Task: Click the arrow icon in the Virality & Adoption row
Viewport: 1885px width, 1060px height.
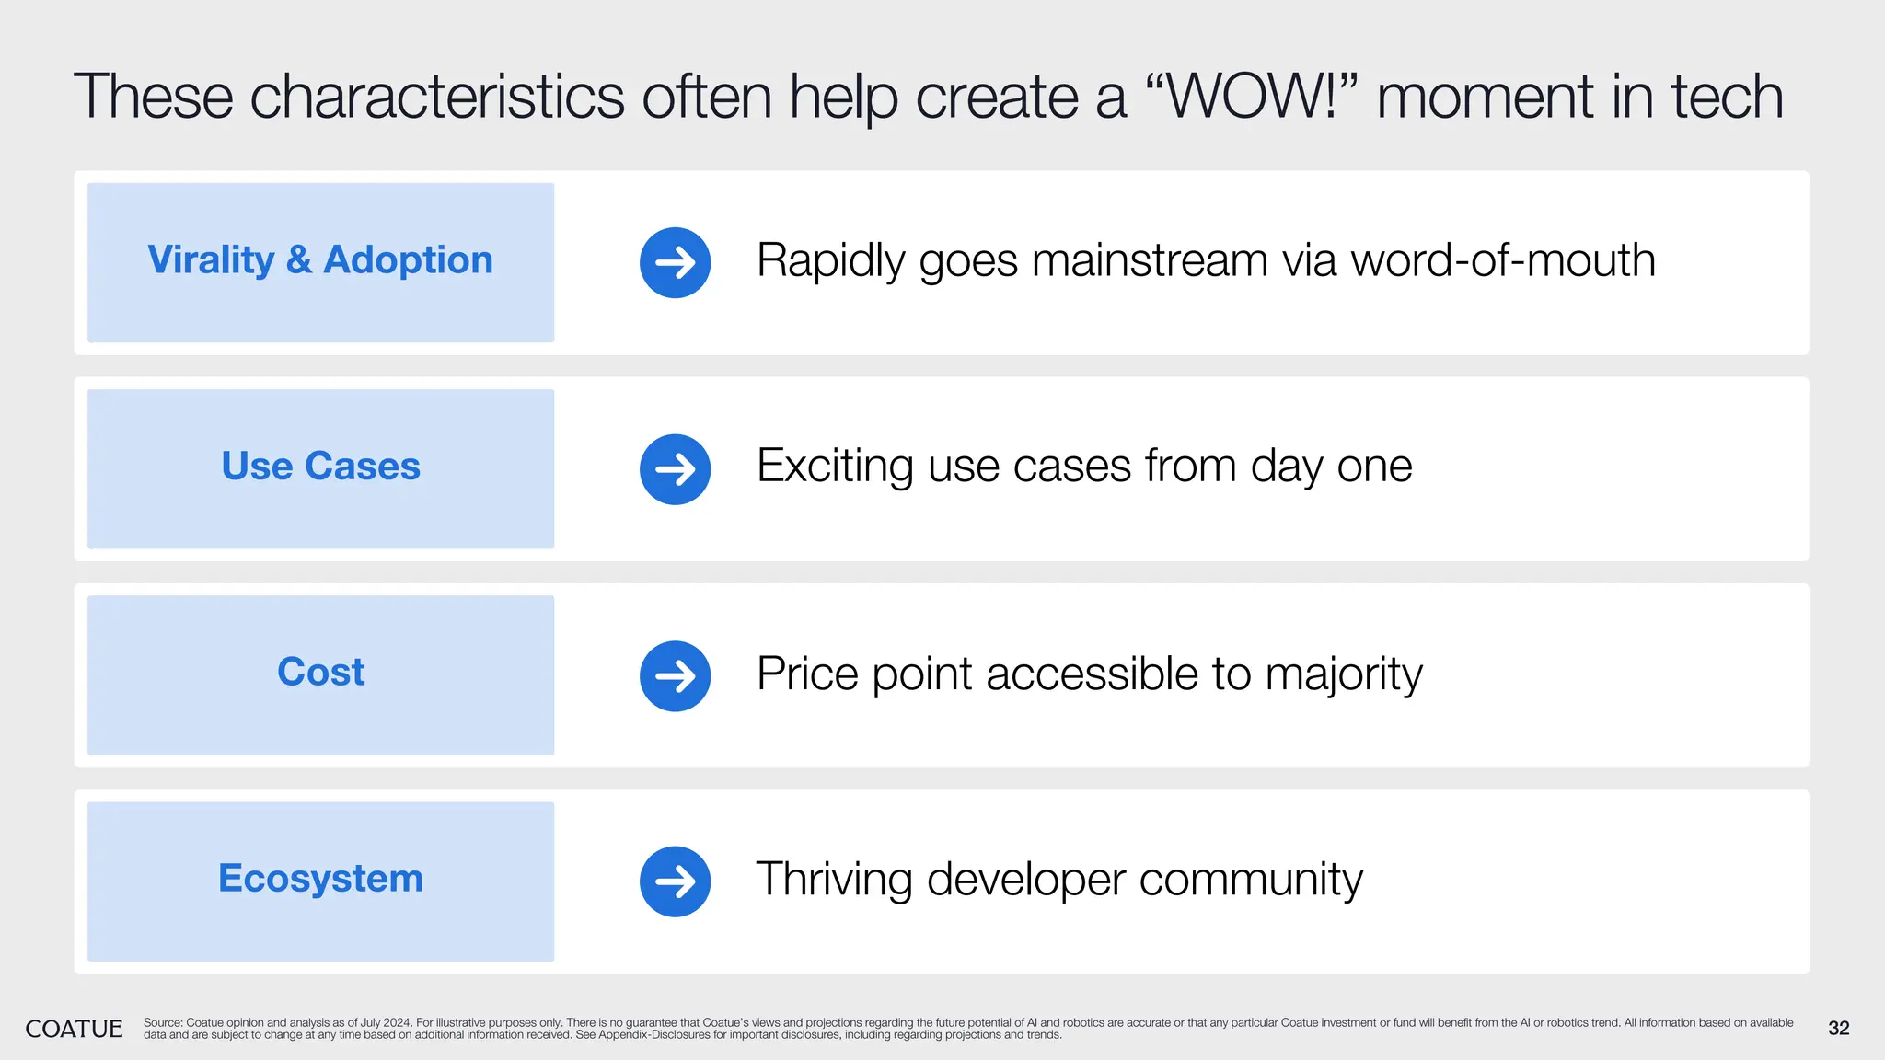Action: point(675,262)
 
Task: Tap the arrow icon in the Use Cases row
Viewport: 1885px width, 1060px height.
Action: point(675,469)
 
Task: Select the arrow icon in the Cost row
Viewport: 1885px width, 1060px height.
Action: point(675,675)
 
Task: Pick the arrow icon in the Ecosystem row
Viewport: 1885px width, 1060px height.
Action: point(675,881)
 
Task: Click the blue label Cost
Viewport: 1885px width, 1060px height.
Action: point(320,673)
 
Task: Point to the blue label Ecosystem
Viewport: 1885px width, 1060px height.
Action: point(320,879)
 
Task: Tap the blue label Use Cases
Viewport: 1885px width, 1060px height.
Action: point(320,467)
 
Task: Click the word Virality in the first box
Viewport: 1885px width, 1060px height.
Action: point(211,260)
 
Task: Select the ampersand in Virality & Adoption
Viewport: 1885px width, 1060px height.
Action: point(298,260)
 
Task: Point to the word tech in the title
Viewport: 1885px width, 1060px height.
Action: point(1727,97)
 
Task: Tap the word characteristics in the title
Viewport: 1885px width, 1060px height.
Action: point(437,97)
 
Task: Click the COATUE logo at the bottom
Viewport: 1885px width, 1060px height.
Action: point(74,1029)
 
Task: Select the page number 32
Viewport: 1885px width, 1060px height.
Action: point(1838,1029)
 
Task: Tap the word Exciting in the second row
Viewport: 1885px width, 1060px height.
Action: point(834,467)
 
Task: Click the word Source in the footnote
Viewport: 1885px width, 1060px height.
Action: point(163,1023)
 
